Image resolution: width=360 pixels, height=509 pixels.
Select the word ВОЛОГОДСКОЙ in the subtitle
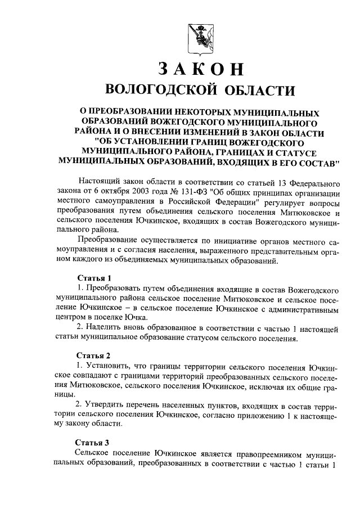tap(161, 90)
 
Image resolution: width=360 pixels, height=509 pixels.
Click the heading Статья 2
tap(90, 355)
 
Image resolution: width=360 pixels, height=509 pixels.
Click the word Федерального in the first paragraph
tap(310, 183)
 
